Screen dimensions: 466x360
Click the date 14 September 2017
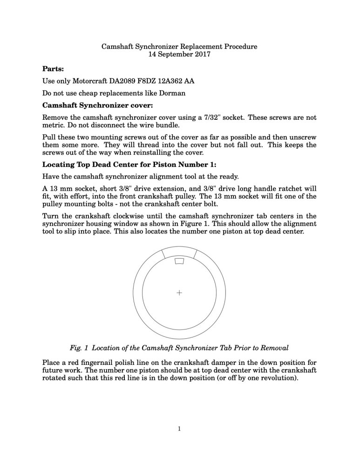[x=179, y=54]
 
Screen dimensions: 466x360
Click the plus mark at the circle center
[x=179, y=293]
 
